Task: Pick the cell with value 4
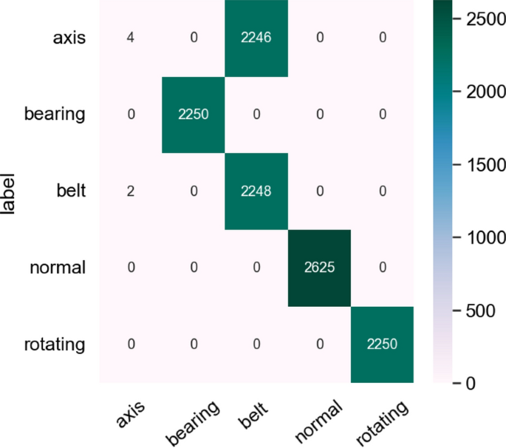coord(131,37)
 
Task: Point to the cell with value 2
coord(131,190)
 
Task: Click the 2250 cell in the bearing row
coord(193,114)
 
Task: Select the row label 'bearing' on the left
coord(55,115)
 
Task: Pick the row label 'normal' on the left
coord(57,268)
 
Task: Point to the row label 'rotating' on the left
coord(54,344)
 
